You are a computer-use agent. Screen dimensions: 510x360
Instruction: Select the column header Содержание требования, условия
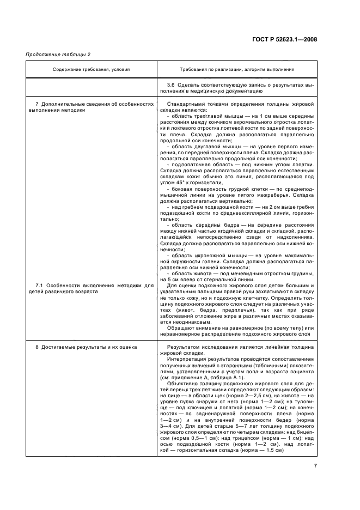(91, 69)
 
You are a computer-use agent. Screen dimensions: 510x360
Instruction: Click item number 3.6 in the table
(172, 86)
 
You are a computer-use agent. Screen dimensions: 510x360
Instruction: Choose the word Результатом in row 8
(185, 347)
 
